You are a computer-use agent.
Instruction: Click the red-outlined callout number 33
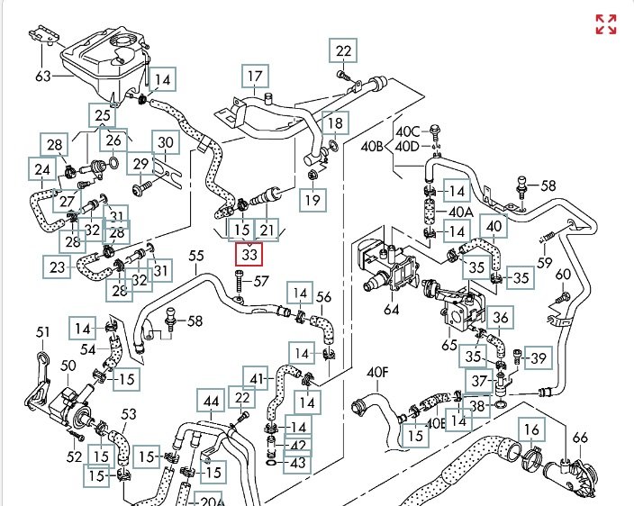[249, 254]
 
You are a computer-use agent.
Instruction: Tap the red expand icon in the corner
[606, 24]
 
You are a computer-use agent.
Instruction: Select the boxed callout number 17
[255, 76]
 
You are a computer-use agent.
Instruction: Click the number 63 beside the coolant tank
[43, 76]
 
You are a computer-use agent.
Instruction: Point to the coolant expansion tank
[103, 65]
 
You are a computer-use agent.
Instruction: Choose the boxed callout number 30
[166, 142]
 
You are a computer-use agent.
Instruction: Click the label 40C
[408, 131]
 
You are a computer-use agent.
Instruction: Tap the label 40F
[377, 373]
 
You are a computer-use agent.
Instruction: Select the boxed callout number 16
[531, 429]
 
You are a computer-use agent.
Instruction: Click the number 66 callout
[580, 437]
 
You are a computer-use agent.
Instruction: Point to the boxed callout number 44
[211, 401]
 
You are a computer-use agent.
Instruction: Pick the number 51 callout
[43, 332]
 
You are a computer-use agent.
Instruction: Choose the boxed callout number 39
[539, 357]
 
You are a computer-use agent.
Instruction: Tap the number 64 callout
[391, 310]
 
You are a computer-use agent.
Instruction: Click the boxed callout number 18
[335, 123]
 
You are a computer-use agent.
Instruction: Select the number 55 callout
[196, 256]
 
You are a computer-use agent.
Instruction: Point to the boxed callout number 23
[57, 267]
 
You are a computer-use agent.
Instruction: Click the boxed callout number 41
[257, 379]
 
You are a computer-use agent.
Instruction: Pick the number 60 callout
[563, 275]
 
